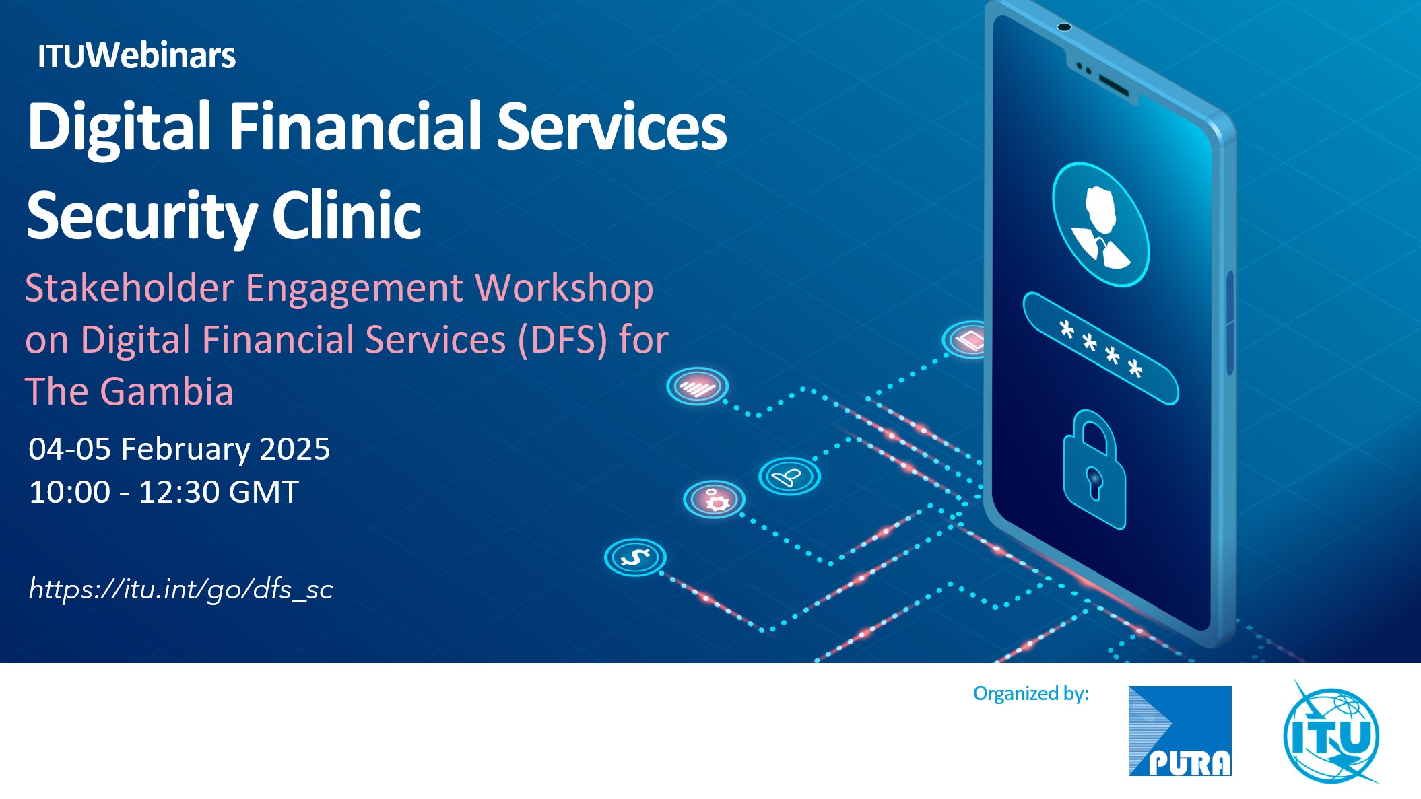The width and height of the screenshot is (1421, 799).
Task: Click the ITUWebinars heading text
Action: click(137, 55)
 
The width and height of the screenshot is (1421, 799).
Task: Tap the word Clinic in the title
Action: click(347, 215)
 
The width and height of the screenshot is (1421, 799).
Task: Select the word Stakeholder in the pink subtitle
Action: click(129, 287)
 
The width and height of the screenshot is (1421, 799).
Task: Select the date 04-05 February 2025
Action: click(179, 449)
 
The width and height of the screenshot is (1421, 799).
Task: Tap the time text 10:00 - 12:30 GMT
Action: click(164, 492)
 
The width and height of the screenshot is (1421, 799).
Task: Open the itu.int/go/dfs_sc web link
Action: click(180, 589)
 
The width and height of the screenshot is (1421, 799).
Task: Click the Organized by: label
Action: click(1031, 693)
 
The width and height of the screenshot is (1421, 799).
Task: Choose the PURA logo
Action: click(1180, 731)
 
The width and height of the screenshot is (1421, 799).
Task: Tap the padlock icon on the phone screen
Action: click(1094, 470)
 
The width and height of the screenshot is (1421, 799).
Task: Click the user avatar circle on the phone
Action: click(1100, 224)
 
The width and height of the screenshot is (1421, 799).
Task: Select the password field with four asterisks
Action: click(1100, 348)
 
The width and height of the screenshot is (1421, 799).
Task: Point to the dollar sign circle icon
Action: click(635, 557)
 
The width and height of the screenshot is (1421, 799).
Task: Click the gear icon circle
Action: click(714, 499)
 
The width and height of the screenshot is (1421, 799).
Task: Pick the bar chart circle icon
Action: click(698, 386)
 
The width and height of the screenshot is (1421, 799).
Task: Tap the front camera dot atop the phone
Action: click(1064, 27)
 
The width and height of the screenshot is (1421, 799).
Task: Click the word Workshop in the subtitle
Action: click(564, 288)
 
